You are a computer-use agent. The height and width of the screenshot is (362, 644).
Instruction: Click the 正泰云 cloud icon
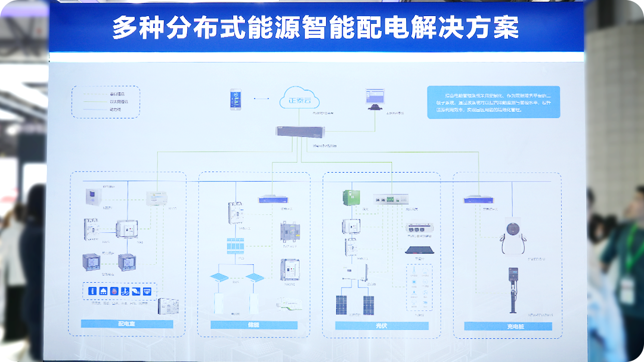coord(299,99)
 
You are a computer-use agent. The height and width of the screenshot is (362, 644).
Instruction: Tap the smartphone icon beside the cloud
coord(236,99)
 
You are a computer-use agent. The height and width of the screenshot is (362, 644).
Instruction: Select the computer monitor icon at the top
coord(376,99)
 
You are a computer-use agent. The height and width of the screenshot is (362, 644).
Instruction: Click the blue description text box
coord(493,102)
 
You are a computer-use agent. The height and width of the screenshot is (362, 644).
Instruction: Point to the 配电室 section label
coord(127,324)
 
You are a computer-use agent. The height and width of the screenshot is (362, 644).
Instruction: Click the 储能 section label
coord(254,325)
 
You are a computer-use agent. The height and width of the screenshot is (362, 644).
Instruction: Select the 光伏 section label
coord(382,326)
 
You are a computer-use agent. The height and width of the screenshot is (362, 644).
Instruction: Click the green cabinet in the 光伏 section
coord(350,198)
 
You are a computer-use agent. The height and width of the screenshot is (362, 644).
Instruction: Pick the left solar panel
coord(342,305)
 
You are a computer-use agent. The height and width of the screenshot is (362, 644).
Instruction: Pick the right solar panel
coord(369,305)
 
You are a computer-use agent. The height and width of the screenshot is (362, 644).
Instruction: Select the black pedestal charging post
coord(512,289)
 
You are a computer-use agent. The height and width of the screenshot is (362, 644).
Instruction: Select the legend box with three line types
coord(106,102)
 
